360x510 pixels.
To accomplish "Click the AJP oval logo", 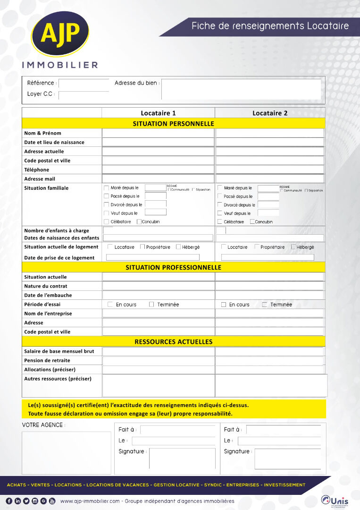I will [x=60, y=34].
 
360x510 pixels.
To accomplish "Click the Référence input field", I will [x=84, y=84].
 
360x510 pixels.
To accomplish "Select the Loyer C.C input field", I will [x=84, y=95].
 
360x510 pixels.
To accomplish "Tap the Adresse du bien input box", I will [x=241, y=89].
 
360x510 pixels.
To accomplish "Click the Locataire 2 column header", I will [x=270, y=113].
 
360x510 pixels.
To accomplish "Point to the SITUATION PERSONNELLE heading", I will [x=173, y=124].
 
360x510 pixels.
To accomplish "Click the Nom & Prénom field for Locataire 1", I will [x=158, y=133].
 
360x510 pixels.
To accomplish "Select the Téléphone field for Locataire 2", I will [x=270, y=170].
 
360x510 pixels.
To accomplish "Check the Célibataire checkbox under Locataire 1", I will [x=107, y=222].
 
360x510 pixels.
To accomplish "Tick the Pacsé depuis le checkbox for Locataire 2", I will [x=220, y=196].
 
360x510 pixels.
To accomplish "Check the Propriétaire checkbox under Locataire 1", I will [x=142, y=247].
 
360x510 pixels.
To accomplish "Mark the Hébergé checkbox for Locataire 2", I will [x=293, y=247].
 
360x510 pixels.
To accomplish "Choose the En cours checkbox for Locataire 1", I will [x=110, y=305].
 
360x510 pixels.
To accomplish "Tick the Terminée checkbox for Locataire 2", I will [x=265, y=305].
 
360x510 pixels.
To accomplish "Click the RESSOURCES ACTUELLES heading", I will [x=173, y=341].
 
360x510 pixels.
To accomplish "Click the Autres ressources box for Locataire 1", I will [x=158, y=385].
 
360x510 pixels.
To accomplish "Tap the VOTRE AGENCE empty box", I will [x=67, y=452].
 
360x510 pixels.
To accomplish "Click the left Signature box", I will [x=182, y=459].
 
